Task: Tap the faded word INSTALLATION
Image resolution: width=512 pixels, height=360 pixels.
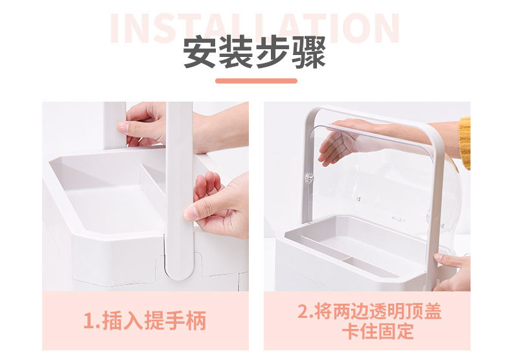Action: (255, 28)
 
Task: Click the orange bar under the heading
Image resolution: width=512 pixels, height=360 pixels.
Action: (256, 81)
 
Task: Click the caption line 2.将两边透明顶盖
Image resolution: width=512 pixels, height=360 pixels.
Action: (369, 311)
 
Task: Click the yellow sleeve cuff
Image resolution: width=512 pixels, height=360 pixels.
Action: (464, 142)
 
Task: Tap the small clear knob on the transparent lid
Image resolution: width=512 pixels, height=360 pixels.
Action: (309, 178)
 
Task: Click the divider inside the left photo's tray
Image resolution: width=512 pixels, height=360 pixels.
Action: (153, 181)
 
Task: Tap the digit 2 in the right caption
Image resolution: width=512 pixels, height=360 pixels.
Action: (303, 311)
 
